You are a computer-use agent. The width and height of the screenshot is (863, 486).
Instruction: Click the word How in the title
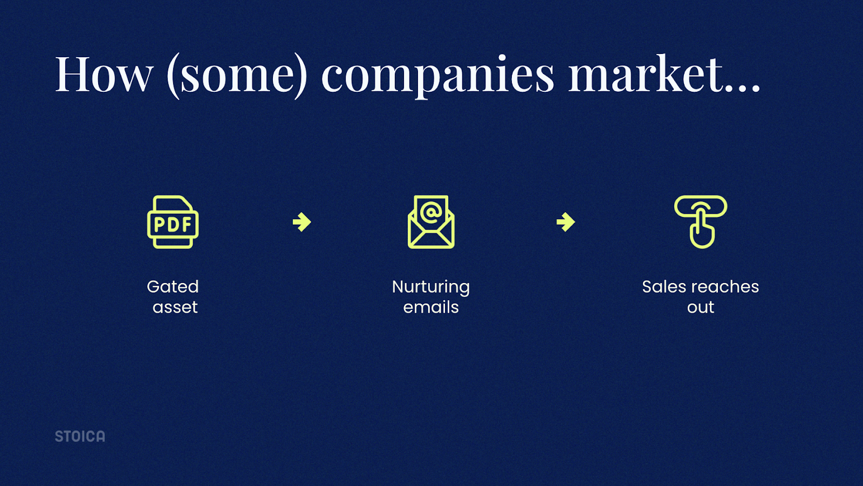tap(104, 73)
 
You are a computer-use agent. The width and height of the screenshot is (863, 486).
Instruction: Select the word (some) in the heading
tap(237, 76)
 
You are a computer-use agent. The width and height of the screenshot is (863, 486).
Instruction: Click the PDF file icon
tap(173, 222)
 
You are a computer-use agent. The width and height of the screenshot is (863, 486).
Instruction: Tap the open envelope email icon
tap(431, 222)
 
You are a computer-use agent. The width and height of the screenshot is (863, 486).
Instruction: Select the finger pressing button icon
tap(701, 222)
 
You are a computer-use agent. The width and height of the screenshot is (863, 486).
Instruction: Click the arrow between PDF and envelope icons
tap(302, 222)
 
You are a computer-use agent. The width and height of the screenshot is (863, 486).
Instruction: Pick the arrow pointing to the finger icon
tap(566, 222)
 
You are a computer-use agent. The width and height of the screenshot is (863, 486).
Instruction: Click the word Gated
tap(173, 287)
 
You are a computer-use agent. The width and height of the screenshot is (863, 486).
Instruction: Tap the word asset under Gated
tap(175, 308)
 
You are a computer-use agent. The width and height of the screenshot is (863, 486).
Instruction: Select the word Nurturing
tap(431, 288)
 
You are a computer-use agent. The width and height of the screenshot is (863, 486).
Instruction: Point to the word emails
tap(431, 307)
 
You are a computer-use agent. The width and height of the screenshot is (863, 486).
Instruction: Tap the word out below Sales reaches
tap(701, 308)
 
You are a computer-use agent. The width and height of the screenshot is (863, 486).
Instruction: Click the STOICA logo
tap(80, 436)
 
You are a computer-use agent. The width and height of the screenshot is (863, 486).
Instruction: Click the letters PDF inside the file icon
tap(173, 224)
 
